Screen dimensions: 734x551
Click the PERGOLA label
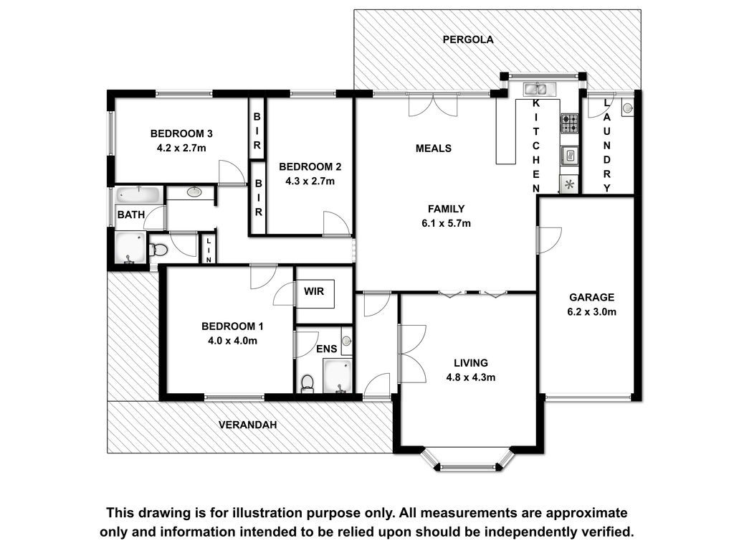[468, 39]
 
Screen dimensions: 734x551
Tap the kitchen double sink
[540, 88]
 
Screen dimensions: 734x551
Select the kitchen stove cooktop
[570, 123]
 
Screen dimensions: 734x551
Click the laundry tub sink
[627, 108]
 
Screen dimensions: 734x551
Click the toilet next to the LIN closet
[158, 249]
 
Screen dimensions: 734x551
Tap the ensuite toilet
[307, 383]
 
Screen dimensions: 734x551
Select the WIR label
[314, 291]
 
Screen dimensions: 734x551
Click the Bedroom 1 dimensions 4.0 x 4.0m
[233, 341]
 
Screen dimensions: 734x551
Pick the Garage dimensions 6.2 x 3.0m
[591, 311]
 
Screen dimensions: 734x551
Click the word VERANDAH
[247, 425]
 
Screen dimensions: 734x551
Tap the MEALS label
[434, 149]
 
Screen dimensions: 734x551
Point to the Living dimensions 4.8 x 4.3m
[471, 377]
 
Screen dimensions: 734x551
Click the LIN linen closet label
[209, 249]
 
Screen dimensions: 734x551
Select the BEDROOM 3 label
[181, 133]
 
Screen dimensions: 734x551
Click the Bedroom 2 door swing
[337, 224]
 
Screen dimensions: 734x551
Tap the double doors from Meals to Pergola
[433, 105]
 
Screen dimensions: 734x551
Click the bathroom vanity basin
[194, 192]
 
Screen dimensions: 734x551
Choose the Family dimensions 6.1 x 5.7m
[446, 224]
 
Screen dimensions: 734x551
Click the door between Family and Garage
[548, 240]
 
